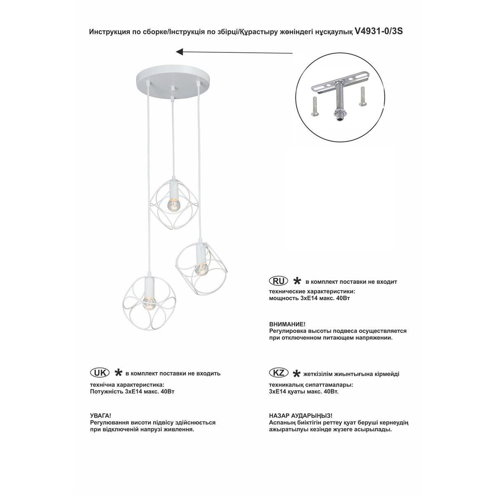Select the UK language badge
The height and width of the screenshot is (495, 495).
[x=99, y=372]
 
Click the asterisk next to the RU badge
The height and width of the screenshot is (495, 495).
[x=296, y=281]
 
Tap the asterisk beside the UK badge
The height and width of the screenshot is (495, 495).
[x=118, y=373]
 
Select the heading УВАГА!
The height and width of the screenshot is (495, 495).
[x=100, y=416]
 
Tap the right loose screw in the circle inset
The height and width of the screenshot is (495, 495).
[x=362, y=96]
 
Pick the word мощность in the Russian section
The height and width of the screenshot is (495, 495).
[x=283, y=297]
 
